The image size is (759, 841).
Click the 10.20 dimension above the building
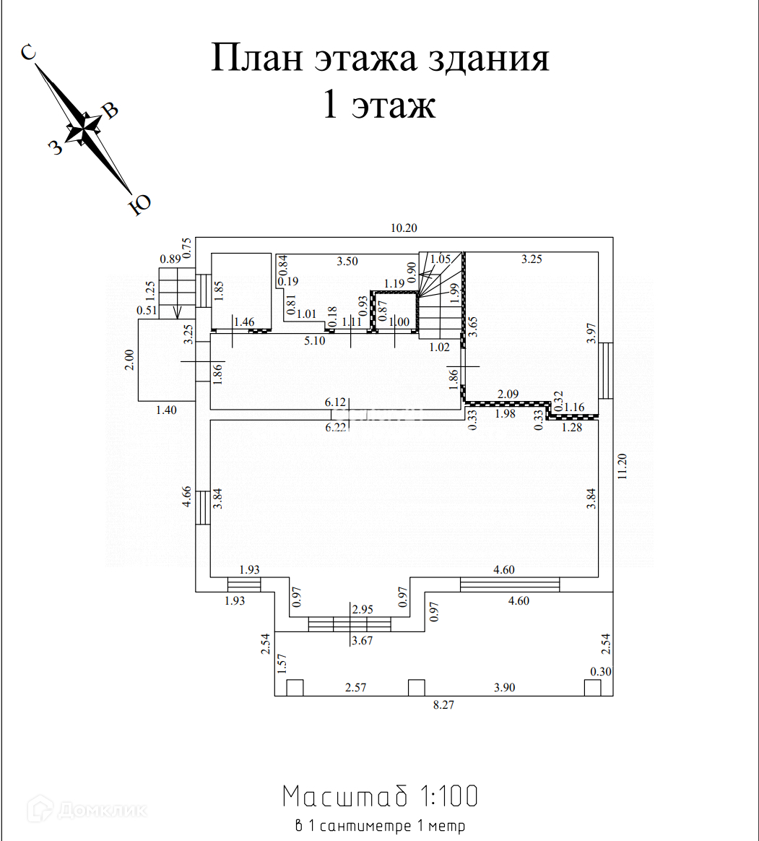click(404, 228)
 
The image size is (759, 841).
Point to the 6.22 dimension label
click(336, 428)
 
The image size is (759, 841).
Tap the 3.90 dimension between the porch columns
click(504, 687)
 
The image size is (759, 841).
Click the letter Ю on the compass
click(140, 205)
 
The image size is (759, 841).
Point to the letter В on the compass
click(110, 111)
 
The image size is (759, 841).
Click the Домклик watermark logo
click(87, 810)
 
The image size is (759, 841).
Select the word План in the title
click(256, 58)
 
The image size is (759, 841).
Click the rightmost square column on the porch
click(592, 687)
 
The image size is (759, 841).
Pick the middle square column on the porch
click(417, 687)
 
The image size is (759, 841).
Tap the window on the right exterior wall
click(607, 370)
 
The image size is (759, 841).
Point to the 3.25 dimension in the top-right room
click(532, 259)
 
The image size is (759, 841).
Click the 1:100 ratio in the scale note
click(448, 796)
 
